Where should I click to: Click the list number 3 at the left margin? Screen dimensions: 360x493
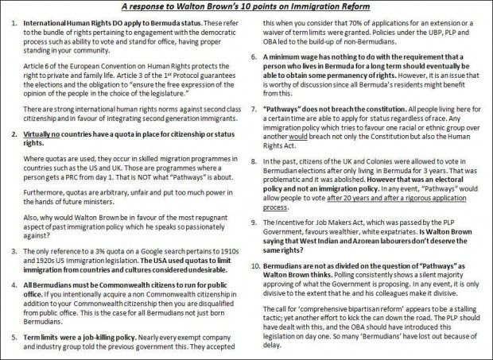[x=14, y=252]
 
